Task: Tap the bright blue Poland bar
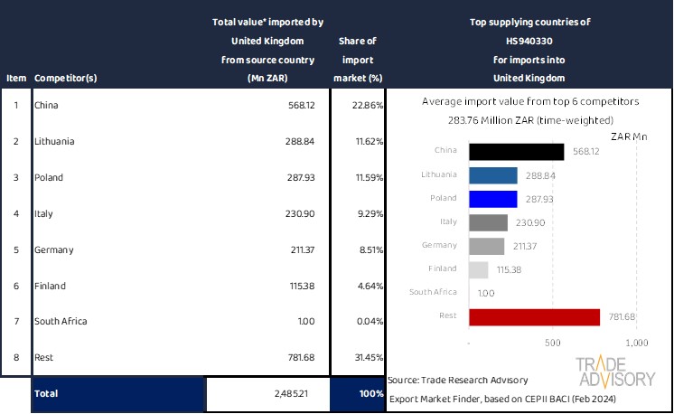point(493,199)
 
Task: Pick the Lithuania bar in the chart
point(493,175)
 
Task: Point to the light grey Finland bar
point(479,269)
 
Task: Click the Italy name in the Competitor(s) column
point(44,214)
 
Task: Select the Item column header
point(15,78)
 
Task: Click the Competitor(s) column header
point(65,78)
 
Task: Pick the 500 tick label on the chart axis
point(553,343)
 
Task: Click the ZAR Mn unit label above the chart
point(629,136)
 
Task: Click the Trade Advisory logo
point(616,372)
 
